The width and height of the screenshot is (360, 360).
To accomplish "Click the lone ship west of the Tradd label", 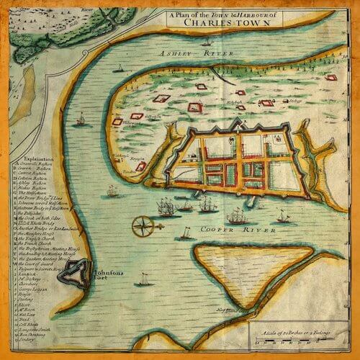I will [x=113, y=192].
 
